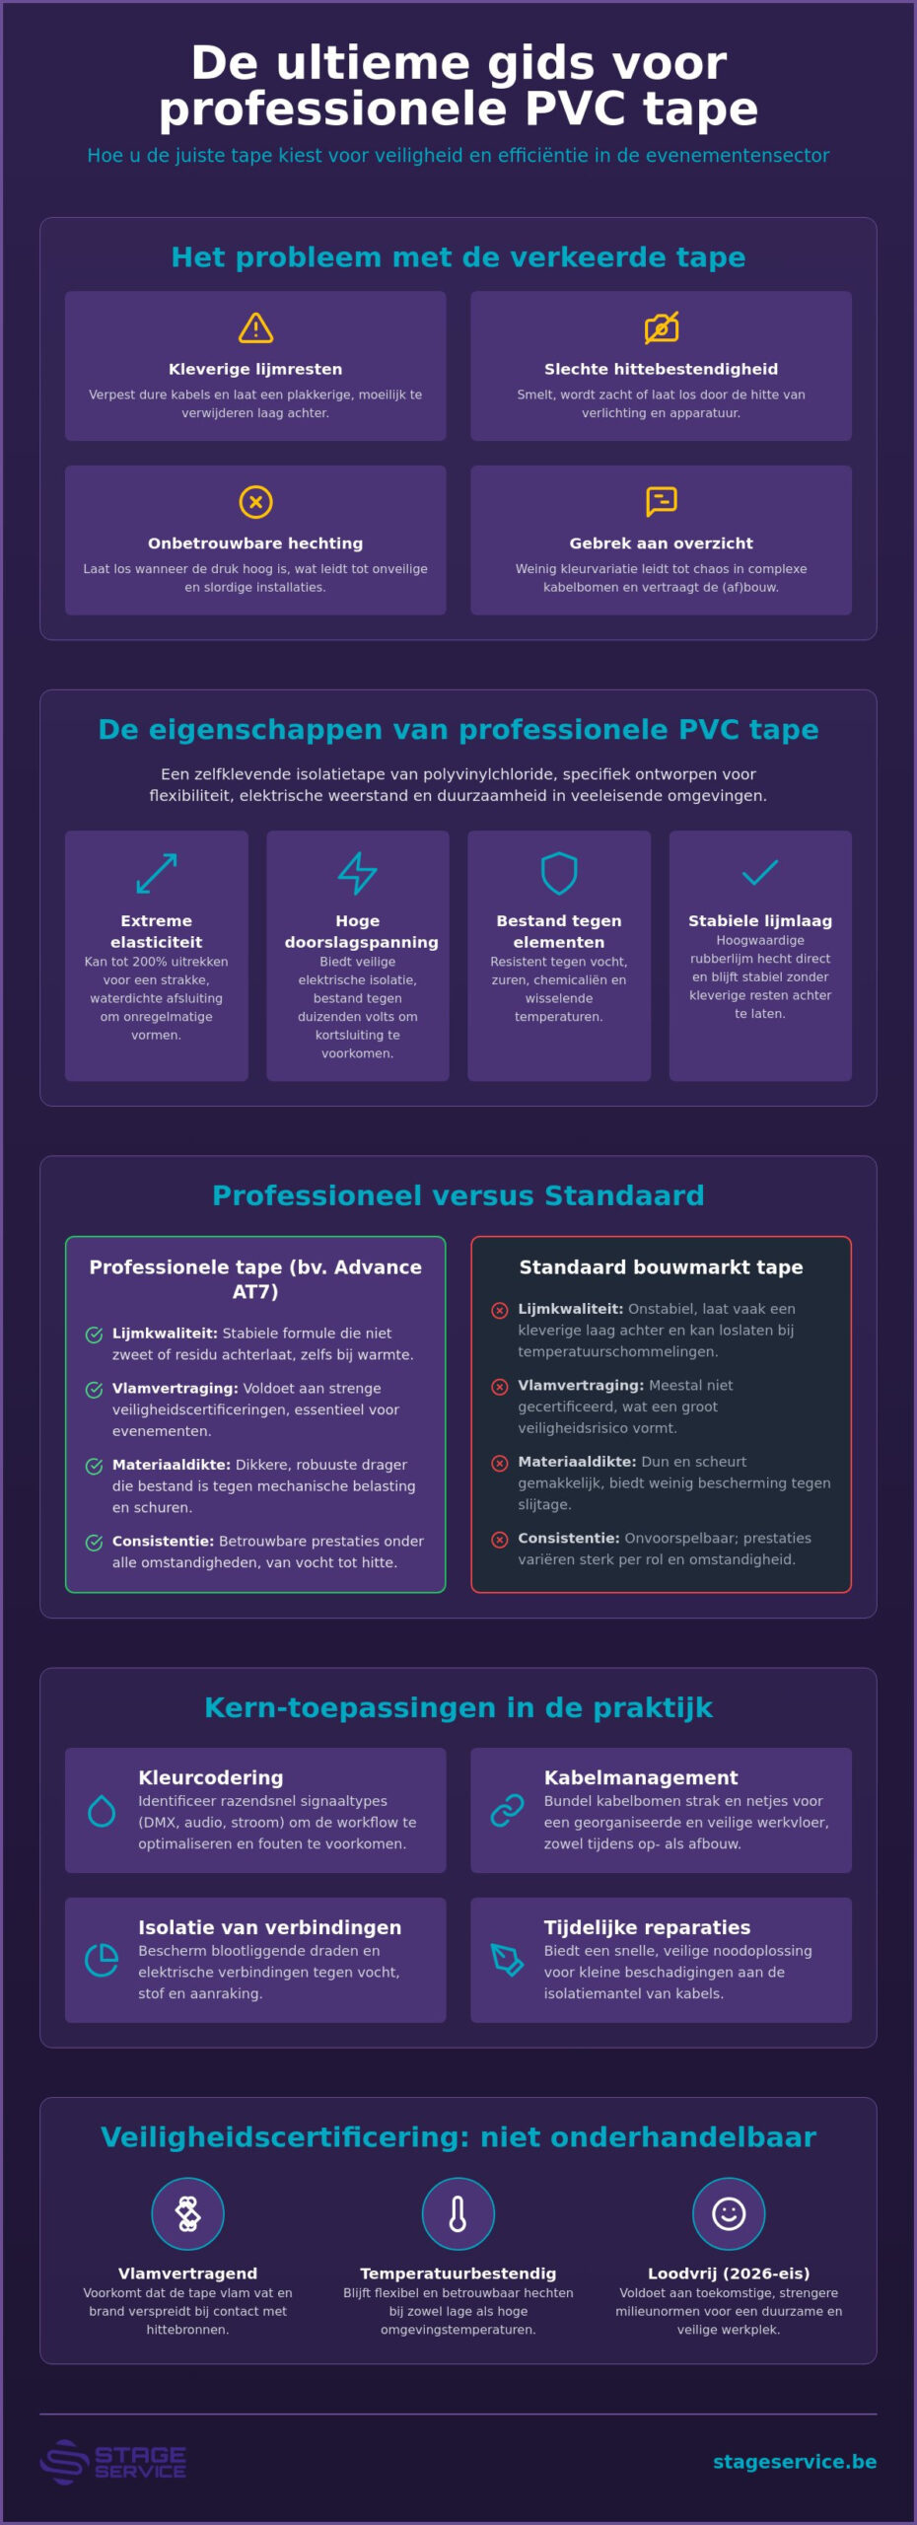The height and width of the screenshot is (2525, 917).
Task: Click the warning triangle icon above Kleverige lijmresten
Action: pos(255,327)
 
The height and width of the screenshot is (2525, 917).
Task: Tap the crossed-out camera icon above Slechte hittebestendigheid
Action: pos(662,327)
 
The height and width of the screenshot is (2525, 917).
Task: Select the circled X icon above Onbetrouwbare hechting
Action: pos(255,502)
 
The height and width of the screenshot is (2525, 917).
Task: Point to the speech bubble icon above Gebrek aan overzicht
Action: pos(662,501)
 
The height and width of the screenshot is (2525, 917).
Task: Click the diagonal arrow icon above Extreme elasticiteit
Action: pos(157,873)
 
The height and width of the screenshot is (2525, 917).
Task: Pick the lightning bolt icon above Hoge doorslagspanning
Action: pos(358,873)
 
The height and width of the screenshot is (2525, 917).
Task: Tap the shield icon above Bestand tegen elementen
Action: pos(559,873)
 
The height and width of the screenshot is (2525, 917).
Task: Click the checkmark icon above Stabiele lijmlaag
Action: pos(760,872)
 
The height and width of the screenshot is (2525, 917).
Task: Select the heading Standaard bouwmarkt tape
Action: pos(662,1267)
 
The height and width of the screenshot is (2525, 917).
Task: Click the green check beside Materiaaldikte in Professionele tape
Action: pos(95,1467)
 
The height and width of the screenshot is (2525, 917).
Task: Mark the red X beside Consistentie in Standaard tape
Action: pos(500,1540)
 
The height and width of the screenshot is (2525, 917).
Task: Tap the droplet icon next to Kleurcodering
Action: pos(102,1811)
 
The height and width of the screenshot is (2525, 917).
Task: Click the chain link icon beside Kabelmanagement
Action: pos(507,1811)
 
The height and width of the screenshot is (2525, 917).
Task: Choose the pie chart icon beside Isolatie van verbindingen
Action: pos(102,1961)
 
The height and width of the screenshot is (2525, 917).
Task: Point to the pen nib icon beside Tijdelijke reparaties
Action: pos(507,1961)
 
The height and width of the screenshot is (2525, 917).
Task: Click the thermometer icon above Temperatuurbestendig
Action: pos(458,2213)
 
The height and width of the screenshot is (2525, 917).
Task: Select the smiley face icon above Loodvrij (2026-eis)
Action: pos(729,2213)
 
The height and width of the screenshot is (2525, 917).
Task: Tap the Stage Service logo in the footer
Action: pos(113,2462)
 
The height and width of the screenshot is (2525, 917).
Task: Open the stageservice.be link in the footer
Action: pos(795,2462)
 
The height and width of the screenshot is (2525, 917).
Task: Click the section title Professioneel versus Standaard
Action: pos(458,1195)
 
